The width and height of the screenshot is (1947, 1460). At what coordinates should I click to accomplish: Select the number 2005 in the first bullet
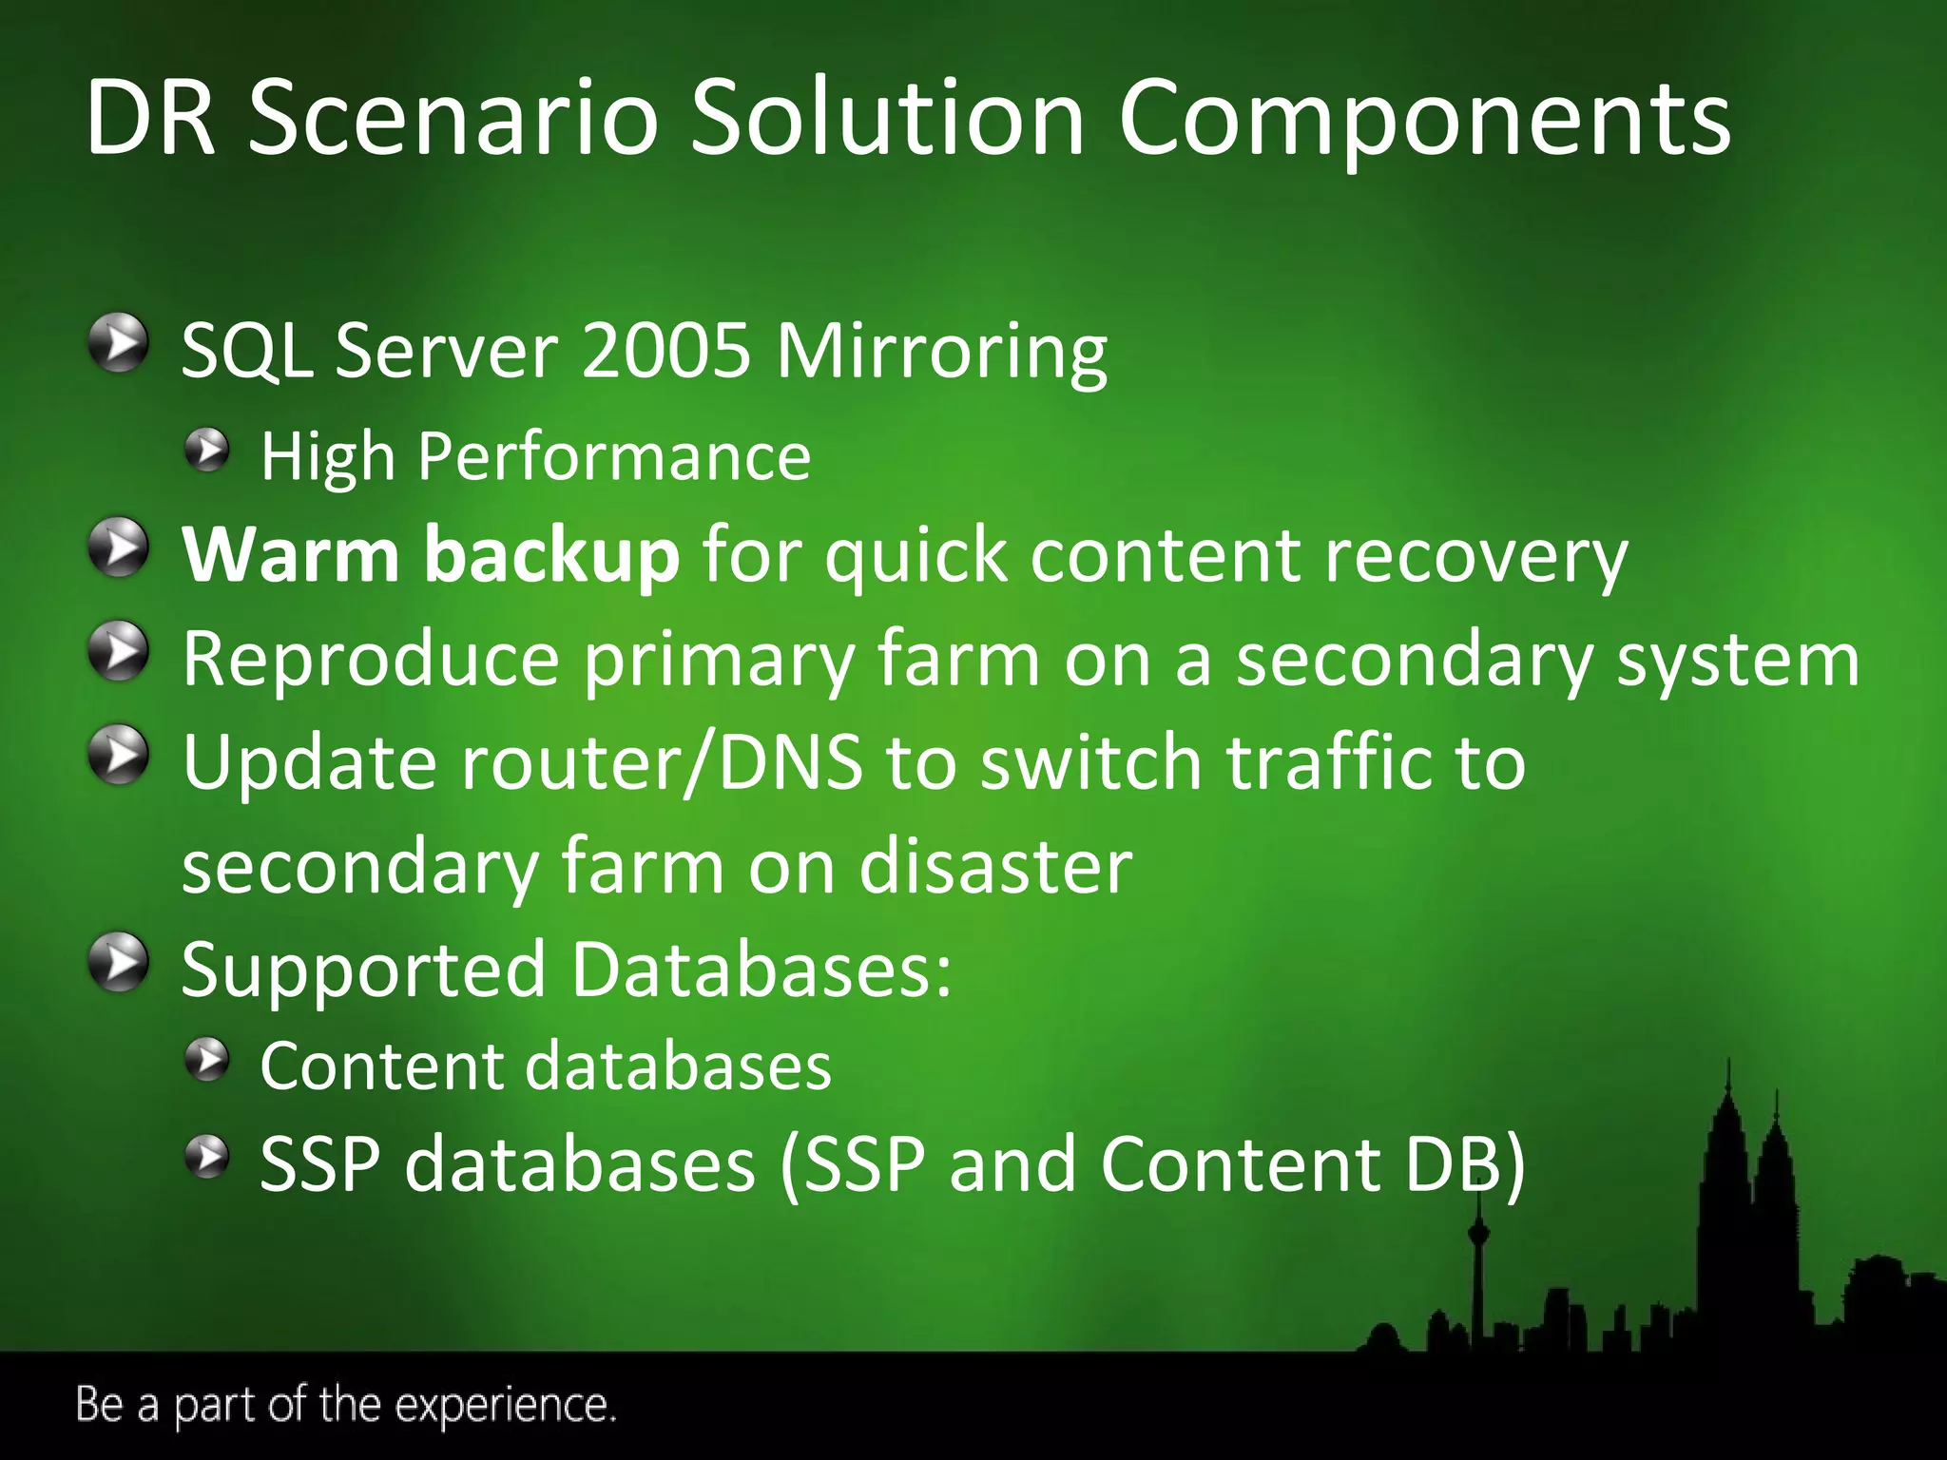[665, 351]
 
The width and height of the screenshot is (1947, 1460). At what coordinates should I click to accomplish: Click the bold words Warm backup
[430, 555]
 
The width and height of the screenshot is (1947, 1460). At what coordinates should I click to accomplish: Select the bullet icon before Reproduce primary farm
[118, 652]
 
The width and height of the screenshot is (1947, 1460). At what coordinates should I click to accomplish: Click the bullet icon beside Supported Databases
[118, 962]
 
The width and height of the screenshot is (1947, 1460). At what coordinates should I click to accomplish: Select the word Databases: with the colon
[761, 970]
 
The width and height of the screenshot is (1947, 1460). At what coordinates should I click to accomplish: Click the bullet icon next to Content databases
[206, 1060]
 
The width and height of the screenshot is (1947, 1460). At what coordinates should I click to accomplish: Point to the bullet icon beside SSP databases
[206, 1157]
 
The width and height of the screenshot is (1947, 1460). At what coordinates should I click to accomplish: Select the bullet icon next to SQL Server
[118, 344]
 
